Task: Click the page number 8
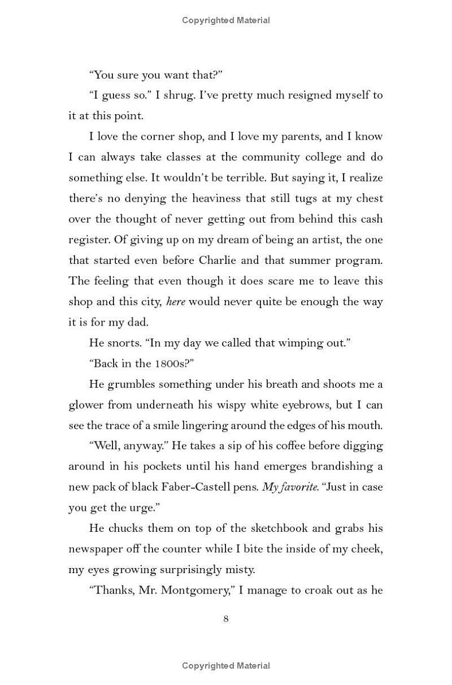click(226, 619)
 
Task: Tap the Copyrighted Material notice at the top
click(226, 20)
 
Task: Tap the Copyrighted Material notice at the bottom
click(226, 666)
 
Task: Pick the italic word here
click(176, 302)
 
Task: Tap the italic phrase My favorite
click(289, 487)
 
